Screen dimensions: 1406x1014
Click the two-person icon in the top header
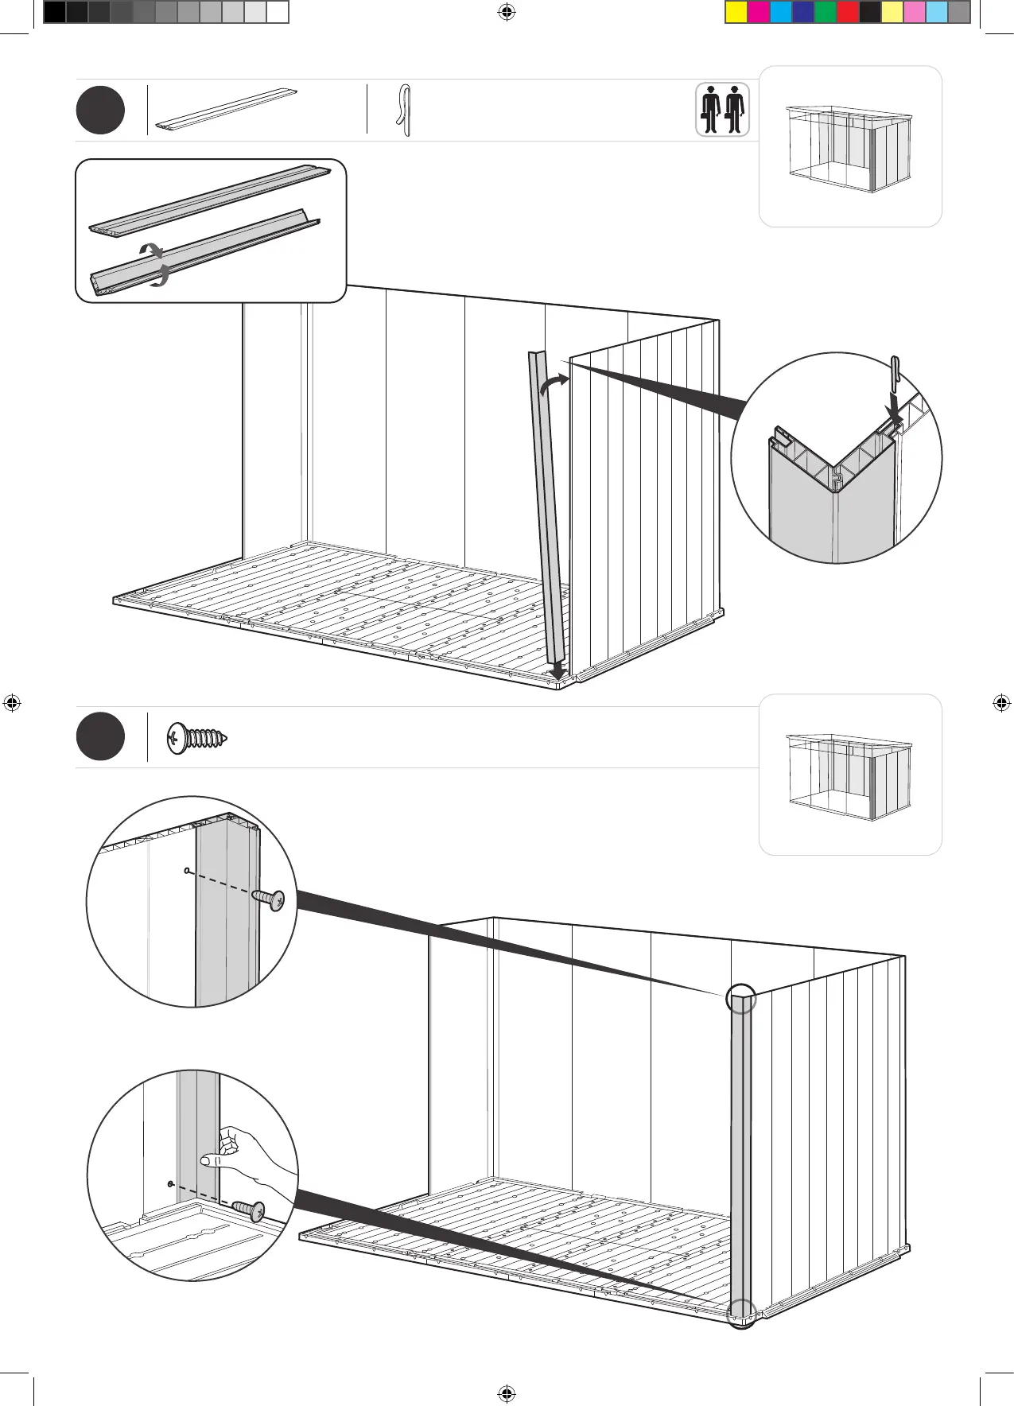coord(722,110)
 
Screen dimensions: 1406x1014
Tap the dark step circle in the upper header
coord(100,111)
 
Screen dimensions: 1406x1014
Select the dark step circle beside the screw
coord(100,736)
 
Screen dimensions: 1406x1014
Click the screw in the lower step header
coord(197,738)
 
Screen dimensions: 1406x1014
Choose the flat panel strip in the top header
coord(226,110)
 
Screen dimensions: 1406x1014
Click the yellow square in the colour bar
coord(736,12)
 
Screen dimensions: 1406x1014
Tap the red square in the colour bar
coord(848,12)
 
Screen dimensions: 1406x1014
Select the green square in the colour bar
coord(826,12)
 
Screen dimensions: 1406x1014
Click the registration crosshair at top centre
coord(507,12)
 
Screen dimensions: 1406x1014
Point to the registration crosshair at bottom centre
coord(507,1393)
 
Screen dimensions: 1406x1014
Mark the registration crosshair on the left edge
coord(12,703)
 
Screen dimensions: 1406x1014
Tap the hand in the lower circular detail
coord(239,1154)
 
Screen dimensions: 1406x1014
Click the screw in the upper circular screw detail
coord(268,899)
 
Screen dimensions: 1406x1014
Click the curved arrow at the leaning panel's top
coord(554,384)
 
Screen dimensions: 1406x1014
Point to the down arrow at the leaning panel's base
coord(558,672)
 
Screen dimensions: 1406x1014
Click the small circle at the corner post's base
coord(741,1314)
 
